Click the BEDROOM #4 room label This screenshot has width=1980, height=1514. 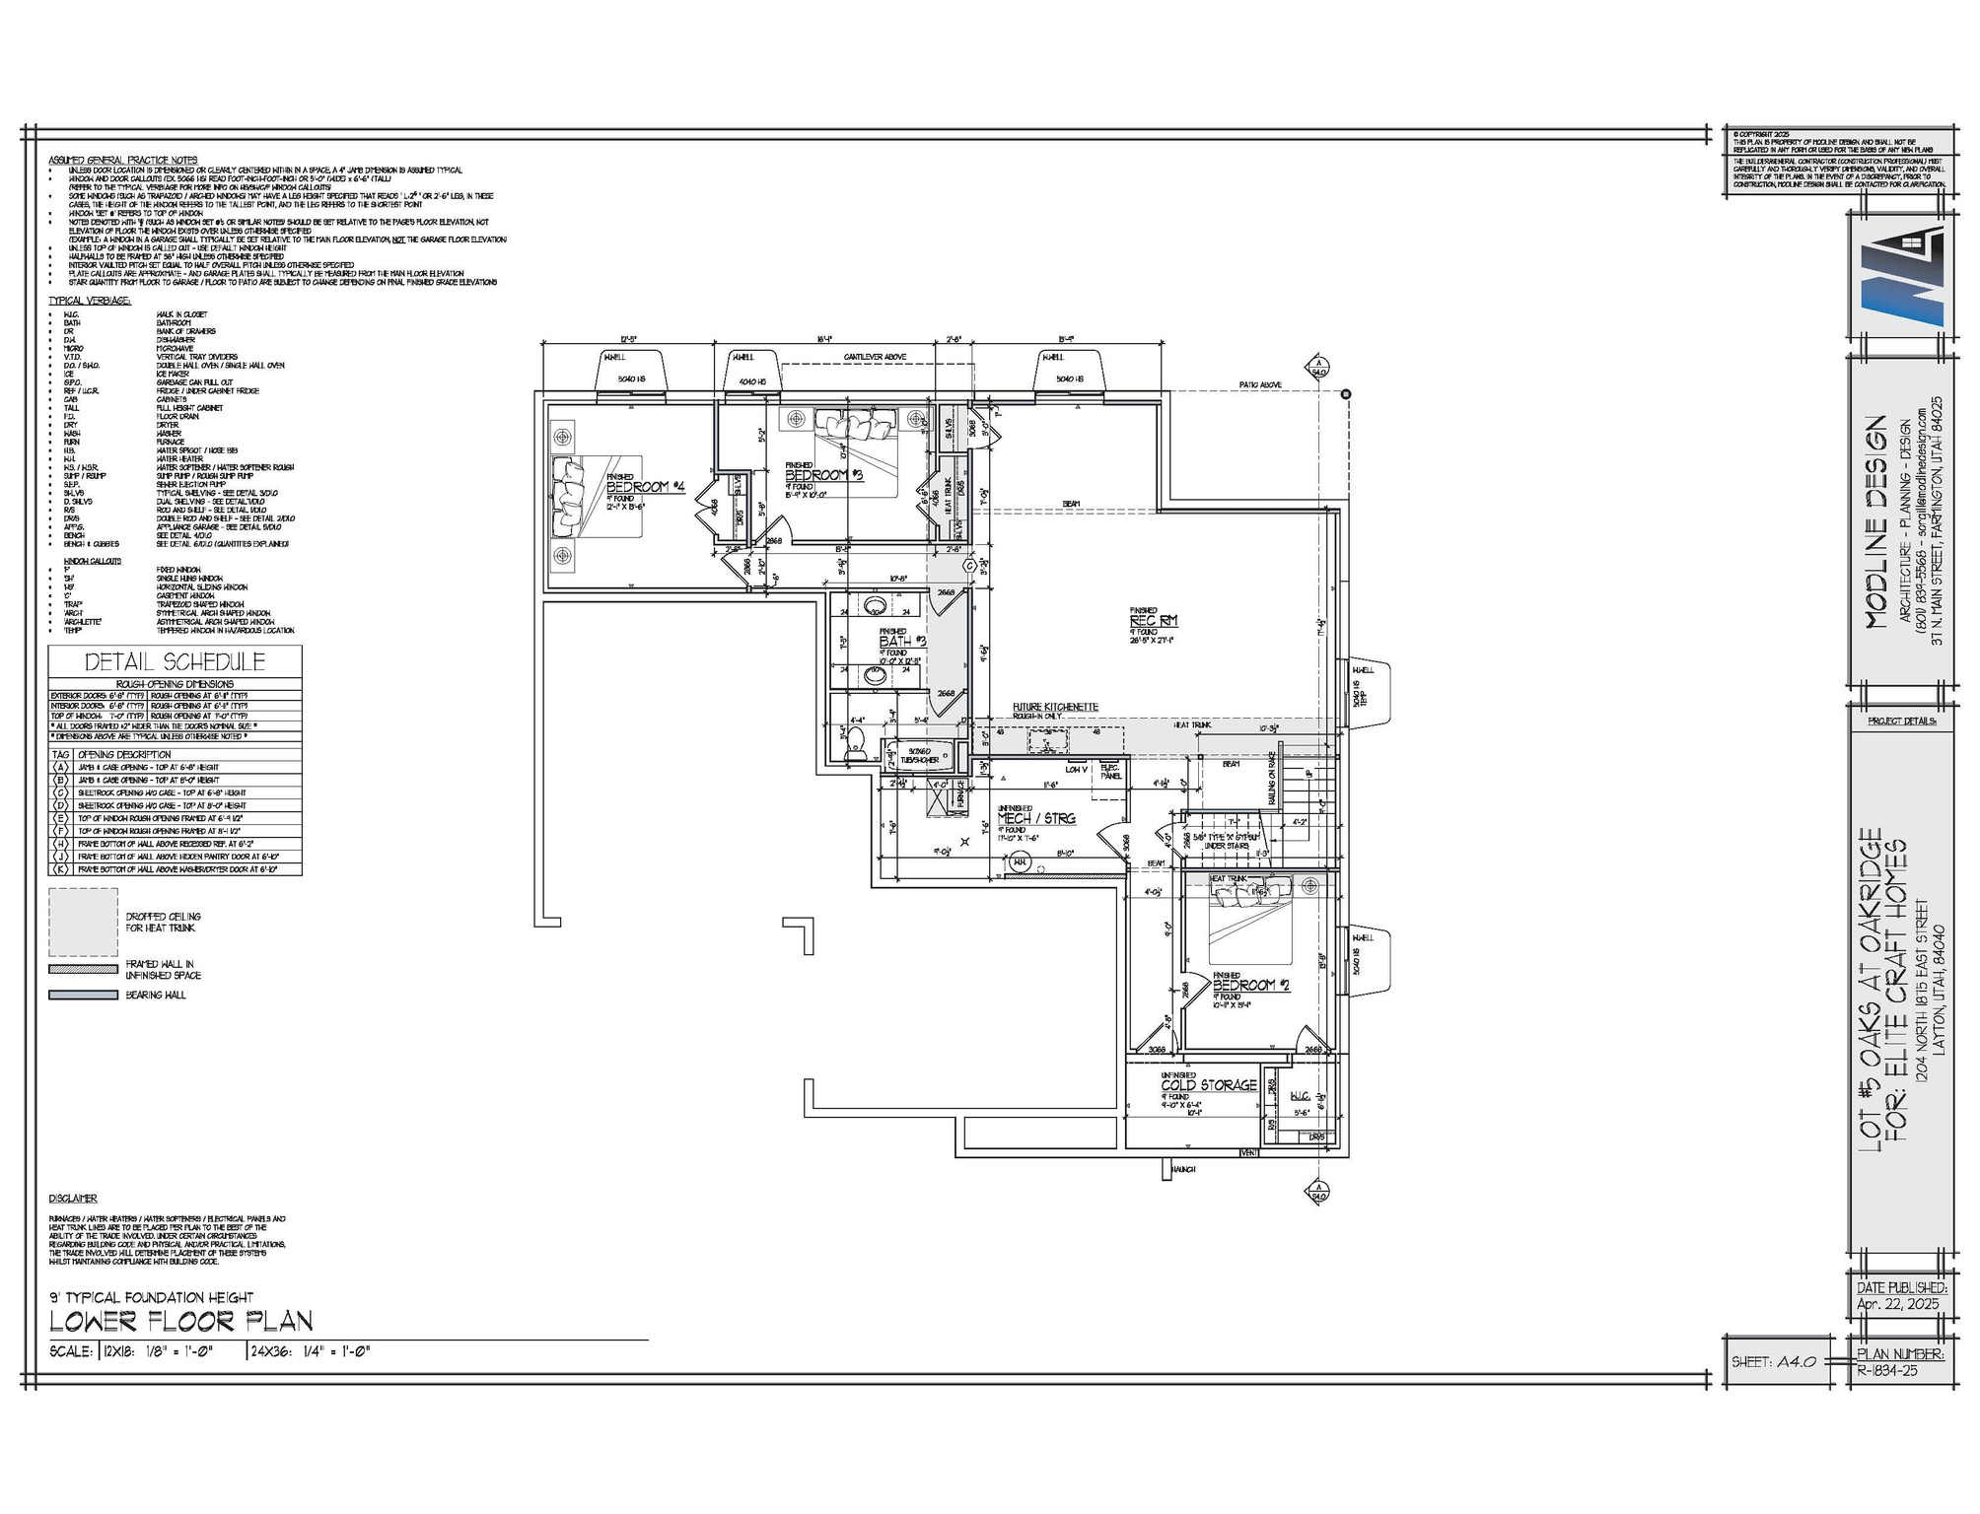(645, 487)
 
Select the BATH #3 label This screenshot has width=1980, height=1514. (902, 642)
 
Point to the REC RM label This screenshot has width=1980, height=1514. (1154, 620)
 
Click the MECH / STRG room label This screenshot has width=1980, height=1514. (1036, 818)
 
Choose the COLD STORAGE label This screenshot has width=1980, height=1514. (1209, 1085)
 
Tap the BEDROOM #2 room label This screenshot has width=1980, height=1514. (1251, 985)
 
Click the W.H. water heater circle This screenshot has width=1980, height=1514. (1020, 862)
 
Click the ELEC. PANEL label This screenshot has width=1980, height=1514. (1110, 772)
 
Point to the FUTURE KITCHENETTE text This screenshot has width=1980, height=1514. (1055, 707)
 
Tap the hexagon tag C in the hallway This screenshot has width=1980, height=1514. (969, 567)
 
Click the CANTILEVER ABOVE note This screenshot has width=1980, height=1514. (875, 357)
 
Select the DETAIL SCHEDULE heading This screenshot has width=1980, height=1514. (175, 662)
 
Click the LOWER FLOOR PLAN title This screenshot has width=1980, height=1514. (180, 1322)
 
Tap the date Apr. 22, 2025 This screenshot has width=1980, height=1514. (1897, 1303)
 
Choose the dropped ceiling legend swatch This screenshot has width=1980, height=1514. (84, 923)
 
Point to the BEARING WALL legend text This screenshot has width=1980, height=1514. (156, 996)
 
